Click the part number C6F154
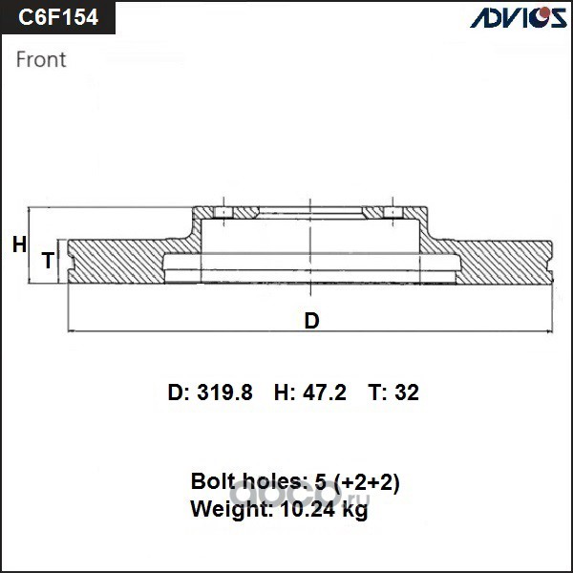click(x=58, y=17)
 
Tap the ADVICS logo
click(x=519, y=17)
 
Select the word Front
click(x=41, y=59)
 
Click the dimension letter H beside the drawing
click(x=19, y=244)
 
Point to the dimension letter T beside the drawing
click(x=49, y=261)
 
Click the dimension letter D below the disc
click(x=311, y=321)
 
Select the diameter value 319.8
click(x=224, y=393)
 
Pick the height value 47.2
click(x=324, y=393)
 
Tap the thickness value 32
click(x=407, y=393)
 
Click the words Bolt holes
click(x=247, y=481)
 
